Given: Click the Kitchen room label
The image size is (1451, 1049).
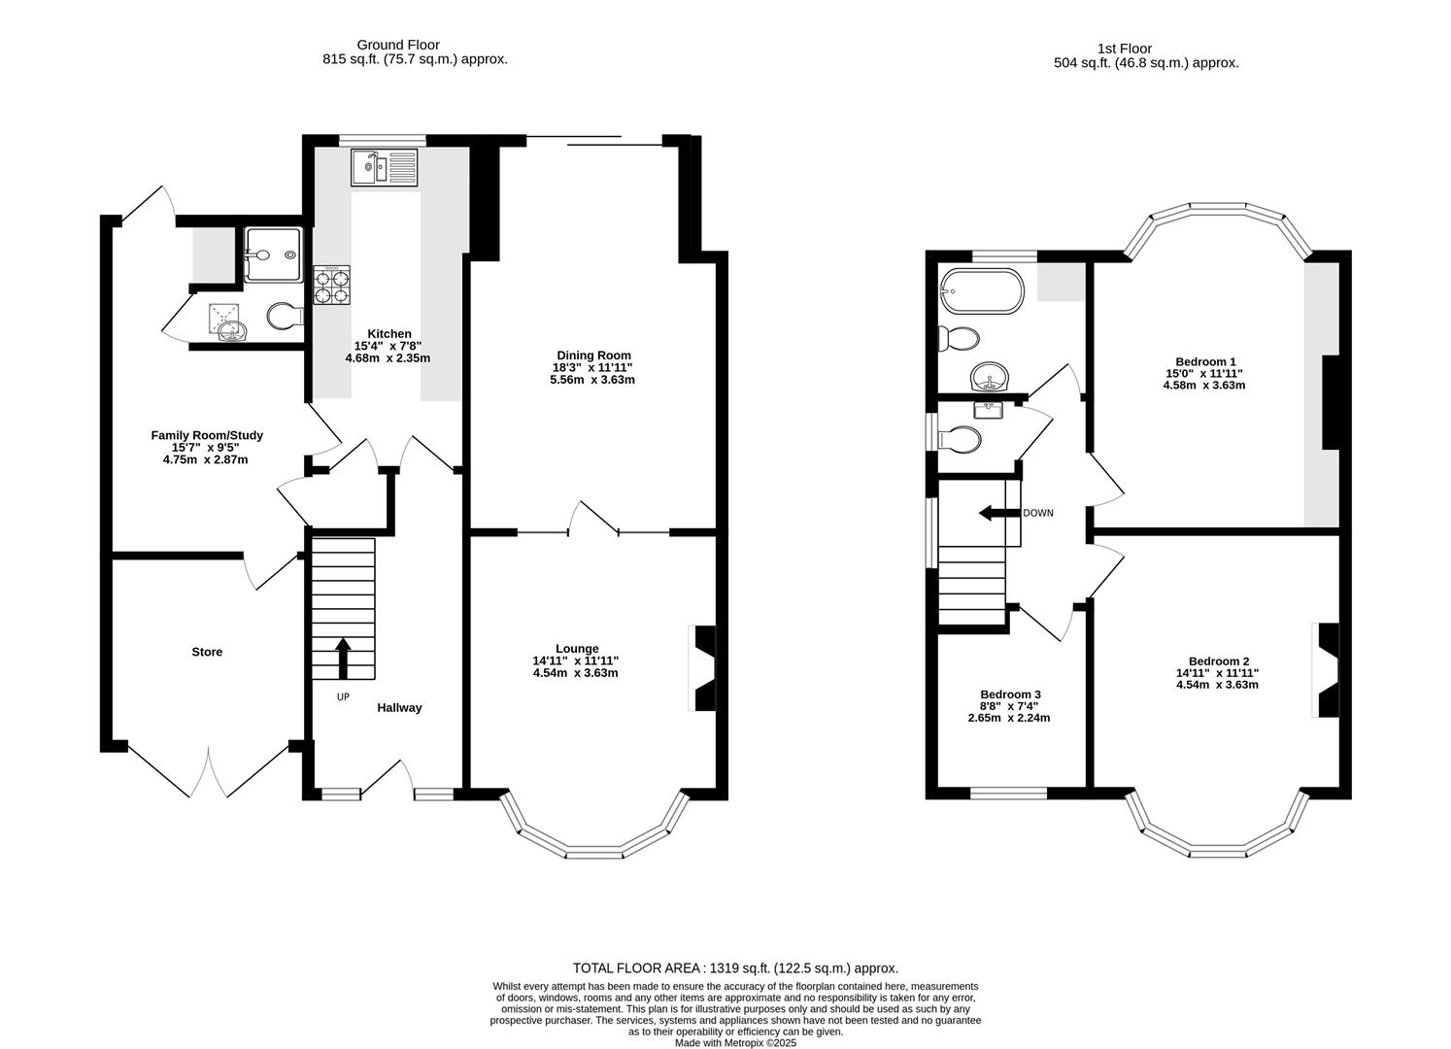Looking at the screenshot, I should (x=388, y=333).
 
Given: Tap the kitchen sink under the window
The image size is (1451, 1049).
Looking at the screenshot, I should (x=384, y=167).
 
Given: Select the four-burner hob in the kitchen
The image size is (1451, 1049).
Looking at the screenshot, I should (x=332, y=286).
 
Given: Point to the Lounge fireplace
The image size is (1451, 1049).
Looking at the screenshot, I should (x=703, y=668).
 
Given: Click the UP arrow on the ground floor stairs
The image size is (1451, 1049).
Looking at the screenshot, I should (x=343, y=658).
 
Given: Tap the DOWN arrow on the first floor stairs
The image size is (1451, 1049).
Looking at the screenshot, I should (x=993, y=513).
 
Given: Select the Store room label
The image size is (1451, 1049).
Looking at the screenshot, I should (x=207, y=652).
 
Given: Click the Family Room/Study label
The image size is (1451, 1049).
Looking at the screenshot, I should (x=206, y=435).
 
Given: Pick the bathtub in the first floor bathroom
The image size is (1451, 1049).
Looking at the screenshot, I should (x=981, y=290).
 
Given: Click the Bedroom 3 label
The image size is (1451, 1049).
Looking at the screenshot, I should (x=1010, y=694).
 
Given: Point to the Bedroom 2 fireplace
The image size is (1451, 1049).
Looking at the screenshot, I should (x=1327, y=670).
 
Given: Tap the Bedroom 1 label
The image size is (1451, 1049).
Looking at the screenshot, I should (x=1203, y=360).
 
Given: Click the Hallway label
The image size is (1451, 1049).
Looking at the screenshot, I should (x=399, y=708).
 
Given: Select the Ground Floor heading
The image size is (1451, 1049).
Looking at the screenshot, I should (x=397, y=45).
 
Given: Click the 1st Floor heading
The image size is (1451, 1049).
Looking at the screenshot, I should (x=1124, y=49).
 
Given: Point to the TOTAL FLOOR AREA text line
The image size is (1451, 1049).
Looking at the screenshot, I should (x=735, y=968).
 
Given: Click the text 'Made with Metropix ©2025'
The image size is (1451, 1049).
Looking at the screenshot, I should (x=735, y=1043).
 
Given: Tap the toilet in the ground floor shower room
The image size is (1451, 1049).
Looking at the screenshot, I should (x=284, y=316).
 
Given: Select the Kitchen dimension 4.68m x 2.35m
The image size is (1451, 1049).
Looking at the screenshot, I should (x=388, y=358).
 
